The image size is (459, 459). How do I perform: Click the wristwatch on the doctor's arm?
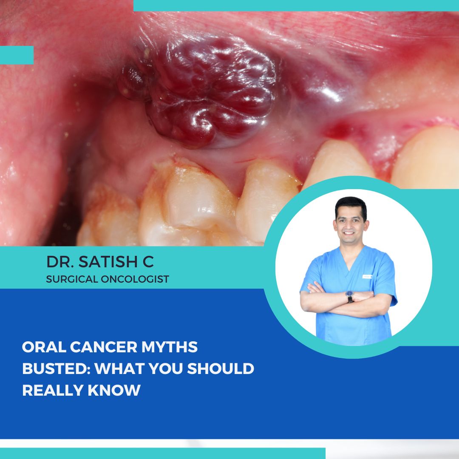point(350,296)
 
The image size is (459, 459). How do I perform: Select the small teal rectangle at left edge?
point(17,55)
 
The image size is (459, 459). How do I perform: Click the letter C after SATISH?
point(148,262)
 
